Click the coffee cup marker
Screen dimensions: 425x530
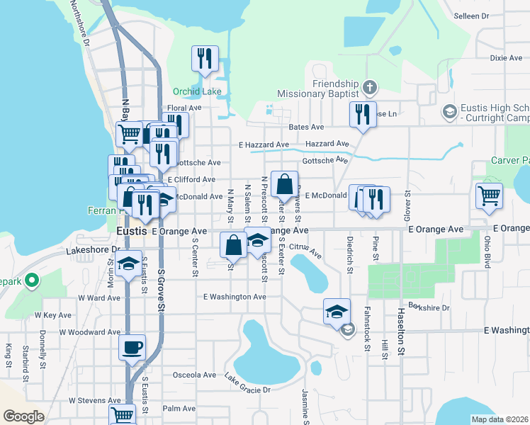132,348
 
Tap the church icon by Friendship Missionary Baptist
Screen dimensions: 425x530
368,87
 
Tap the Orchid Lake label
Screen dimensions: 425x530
197,91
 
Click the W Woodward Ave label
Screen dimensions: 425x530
90,331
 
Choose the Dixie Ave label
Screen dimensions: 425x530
506,57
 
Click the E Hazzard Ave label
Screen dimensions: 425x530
264,144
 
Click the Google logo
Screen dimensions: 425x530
24,416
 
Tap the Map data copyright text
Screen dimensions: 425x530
499,419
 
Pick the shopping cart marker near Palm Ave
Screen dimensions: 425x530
122,415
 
